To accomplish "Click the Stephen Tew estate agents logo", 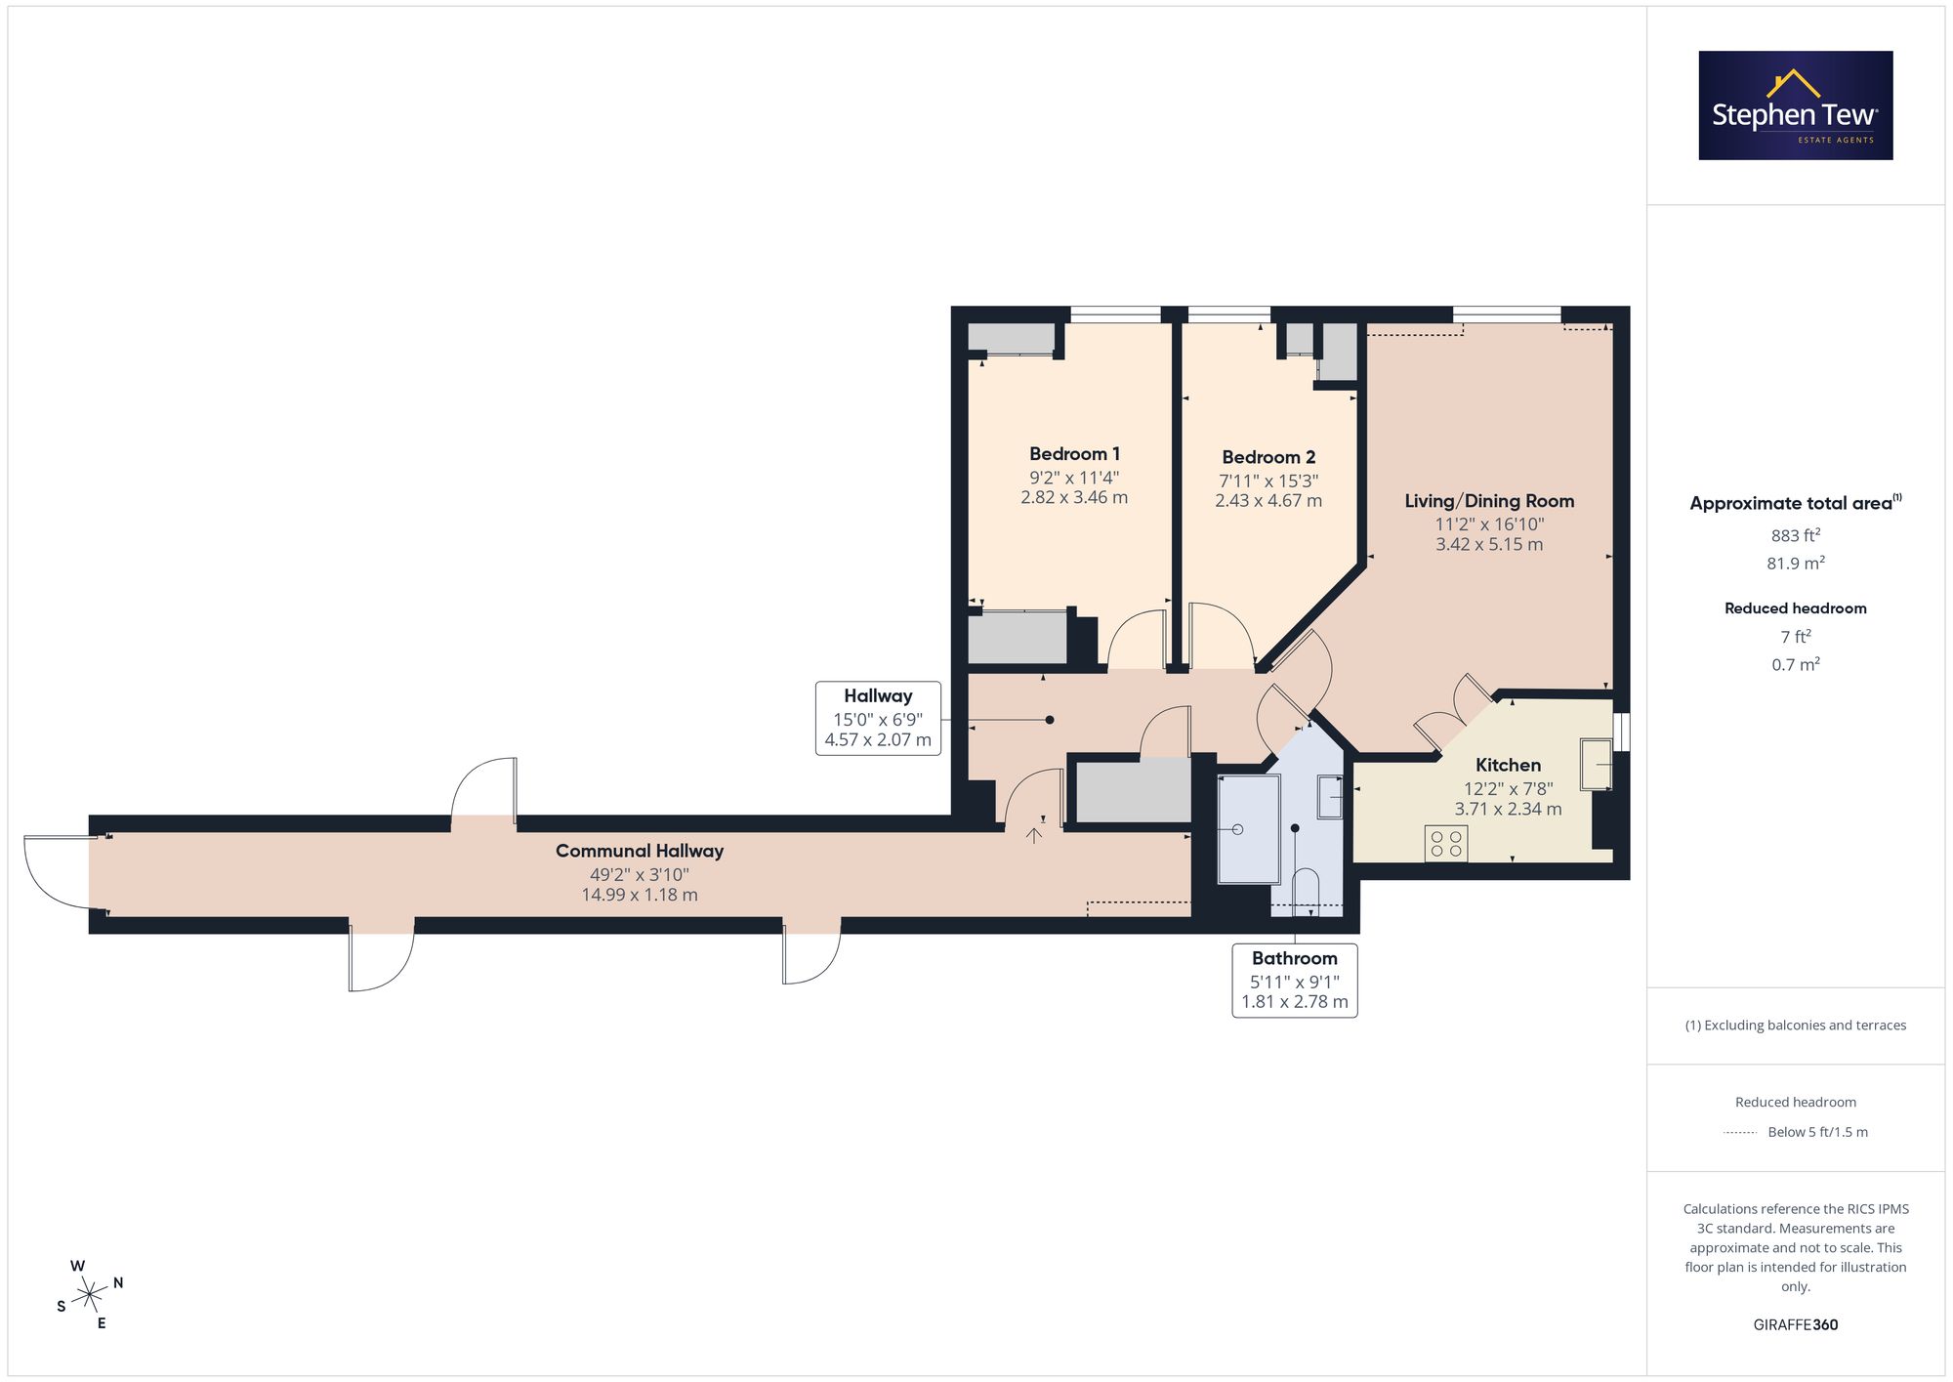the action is click(x=1795, y=105).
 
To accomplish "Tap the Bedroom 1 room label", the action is click(x=1074, y=454).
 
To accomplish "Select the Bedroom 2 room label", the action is click(x=1268, y=457).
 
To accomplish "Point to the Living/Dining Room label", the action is click(x=1489, y=501).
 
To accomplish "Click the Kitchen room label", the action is click(x=1508, y=765).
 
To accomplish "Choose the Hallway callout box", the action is click(x=878, y=718).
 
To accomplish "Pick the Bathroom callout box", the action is click(x=1295, y=980).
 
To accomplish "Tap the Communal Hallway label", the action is click(x=640, y=851).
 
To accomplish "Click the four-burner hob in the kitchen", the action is click(x=1445, y=844).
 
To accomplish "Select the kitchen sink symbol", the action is click(x=1597, y=764).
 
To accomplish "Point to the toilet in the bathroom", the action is click(x=1306, y=891).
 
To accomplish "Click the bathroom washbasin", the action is click(x=1330, y=796).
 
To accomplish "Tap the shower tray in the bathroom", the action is click(x=1249, y=829).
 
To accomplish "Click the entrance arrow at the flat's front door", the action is click(x=1034, y=835).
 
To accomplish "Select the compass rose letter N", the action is click(x=118, y=1282).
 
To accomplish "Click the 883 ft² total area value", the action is click(x=1796, y=535).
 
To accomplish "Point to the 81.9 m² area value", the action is click(x=1796, y=564).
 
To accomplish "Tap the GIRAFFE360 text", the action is click(x=1796, y=1325).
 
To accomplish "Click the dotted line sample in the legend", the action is click(x=1740, y=1133).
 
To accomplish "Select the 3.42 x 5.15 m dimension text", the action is click(x=1489, y=545).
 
